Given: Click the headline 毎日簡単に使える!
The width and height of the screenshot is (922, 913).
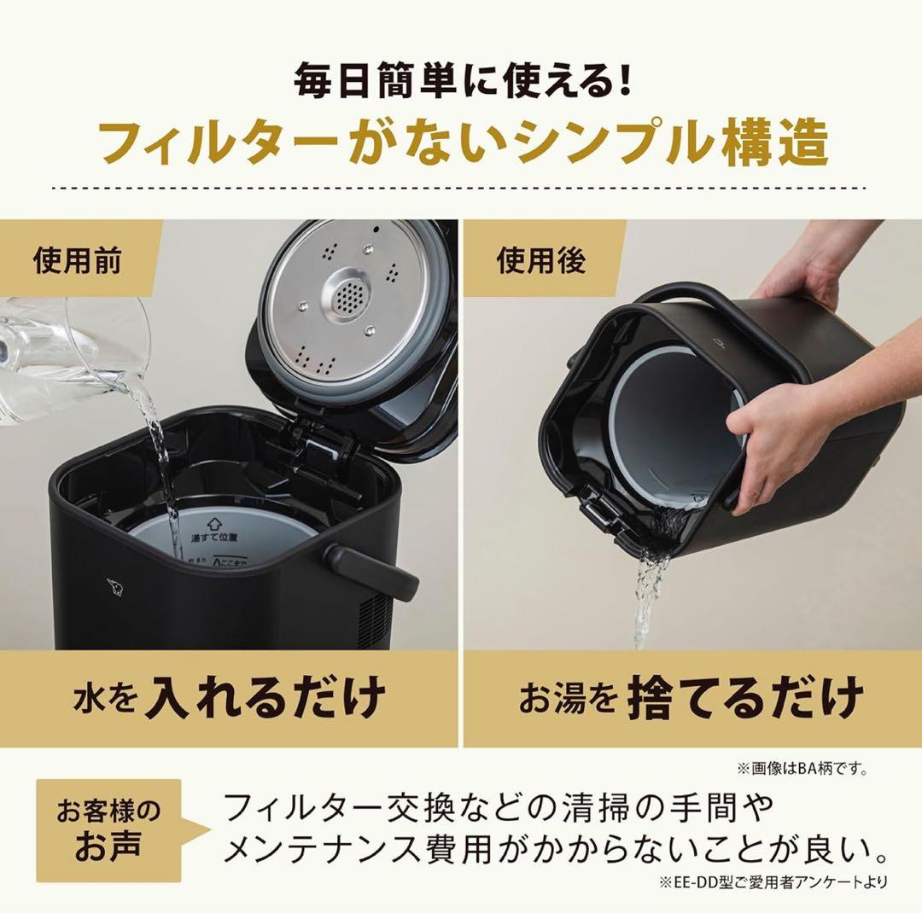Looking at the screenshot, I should (462, 84).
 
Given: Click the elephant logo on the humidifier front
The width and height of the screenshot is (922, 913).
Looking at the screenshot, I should (114, 586).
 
